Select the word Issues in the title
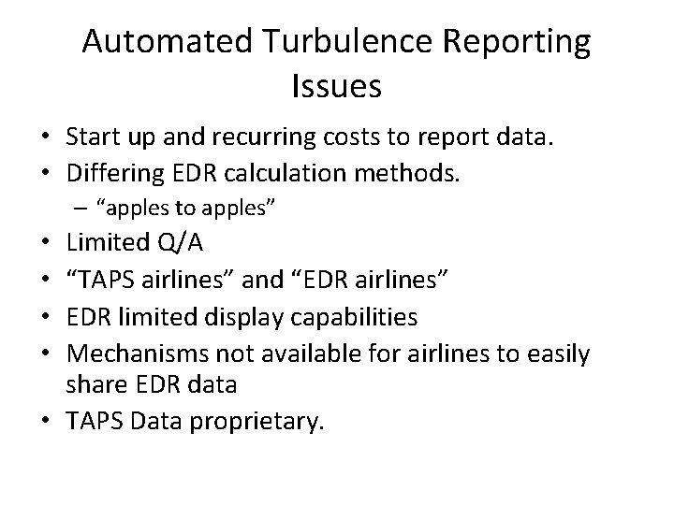point(337,86)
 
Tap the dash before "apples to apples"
point(86,207)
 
